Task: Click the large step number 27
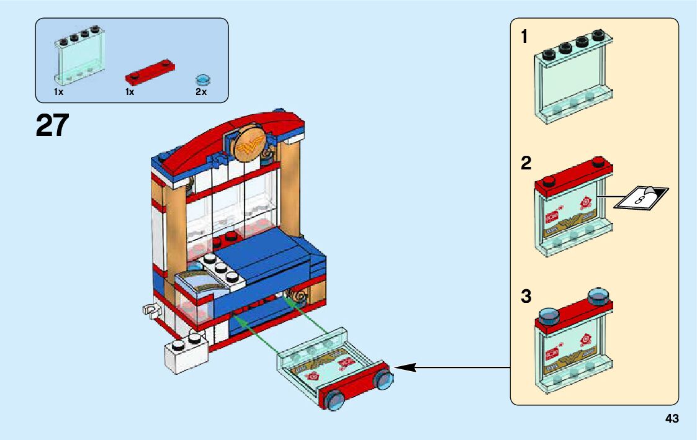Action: pyautogui.click(x=52, y=125)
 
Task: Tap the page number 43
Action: pyautogui.click(x=672, y=419)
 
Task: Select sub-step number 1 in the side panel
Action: pyautogui.click(x=524, y=37)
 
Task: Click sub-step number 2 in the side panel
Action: pyautogui.click(x=526, y=164)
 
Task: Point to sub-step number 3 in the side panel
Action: pyautogui.click(x=526, y=297)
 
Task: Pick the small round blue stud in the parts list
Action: pyautogui.click(x=202, y=79)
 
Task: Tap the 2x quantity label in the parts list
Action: pyautogui.click(x=200, y=92)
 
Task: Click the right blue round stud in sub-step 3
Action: pyautogui.click(x=598, y=296)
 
